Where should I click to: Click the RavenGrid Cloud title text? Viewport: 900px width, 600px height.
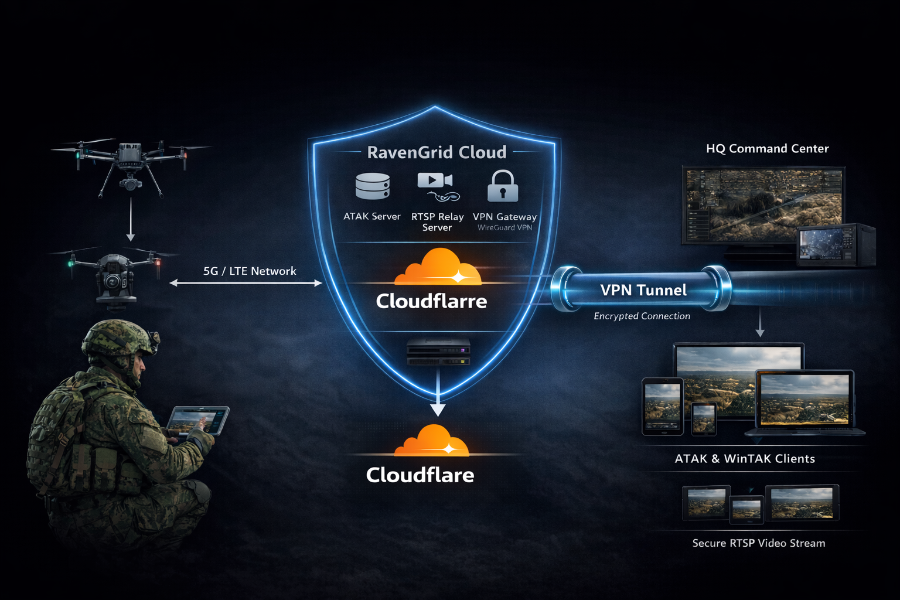(x=437, y=152)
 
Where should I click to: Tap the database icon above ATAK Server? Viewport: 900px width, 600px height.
(x=373, y=186)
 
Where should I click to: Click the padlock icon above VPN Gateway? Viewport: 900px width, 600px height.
(x=503, y=186)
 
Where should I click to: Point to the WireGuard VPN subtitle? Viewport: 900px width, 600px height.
(x=504, y=228)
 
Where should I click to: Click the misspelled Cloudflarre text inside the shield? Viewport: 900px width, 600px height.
(x=432, y=301)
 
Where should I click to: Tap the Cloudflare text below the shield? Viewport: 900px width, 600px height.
(x=420, y=475)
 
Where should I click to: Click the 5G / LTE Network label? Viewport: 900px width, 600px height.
(x=250, y=271)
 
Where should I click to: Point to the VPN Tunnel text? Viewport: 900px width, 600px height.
(x=643, y=290)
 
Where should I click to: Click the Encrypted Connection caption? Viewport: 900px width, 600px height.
(x=642, y=316)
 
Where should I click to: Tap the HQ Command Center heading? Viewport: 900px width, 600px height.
(x=767, y=149)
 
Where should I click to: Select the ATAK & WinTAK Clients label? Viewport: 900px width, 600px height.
(x=745, y=459)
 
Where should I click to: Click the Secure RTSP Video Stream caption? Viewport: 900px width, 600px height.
(x=759, y=543)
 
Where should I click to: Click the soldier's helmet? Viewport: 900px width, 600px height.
(x=117, y=337)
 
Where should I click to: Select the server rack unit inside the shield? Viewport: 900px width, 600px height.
(x=438, y=351)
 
